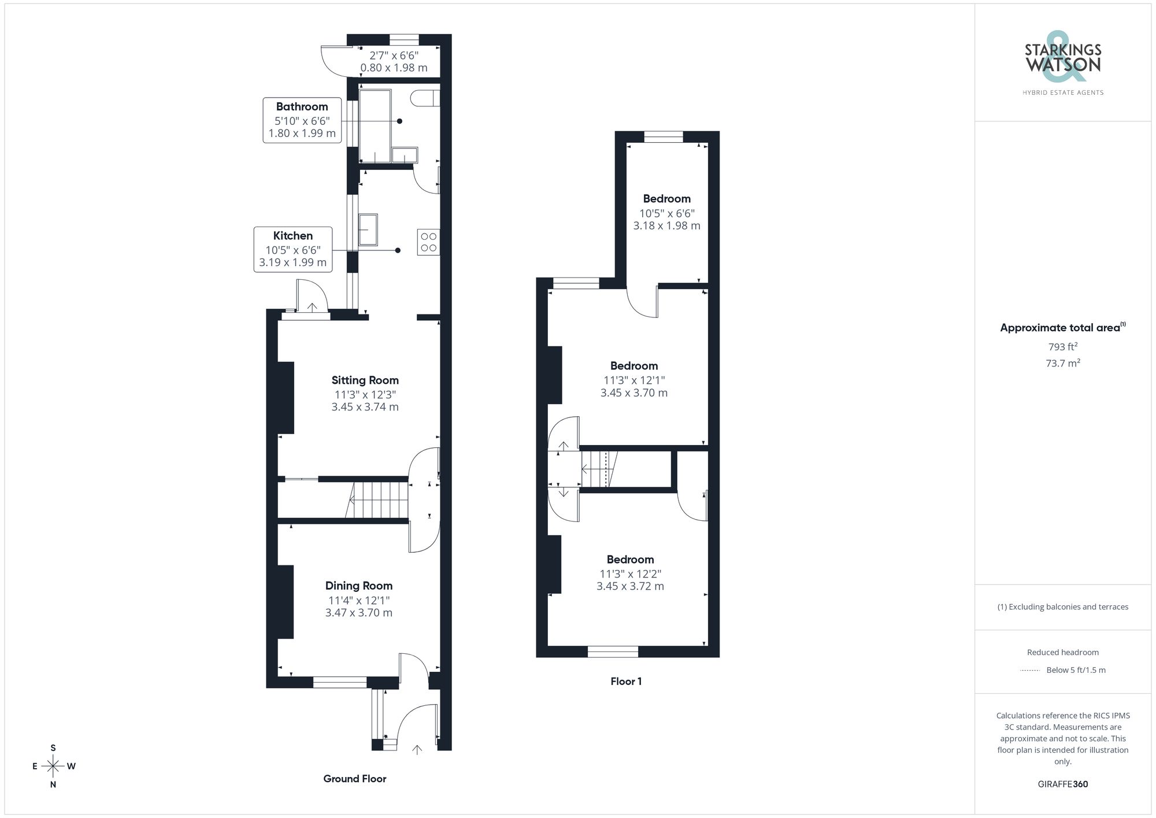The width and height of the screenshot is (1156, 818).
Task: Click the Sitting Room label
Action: click(365, 380)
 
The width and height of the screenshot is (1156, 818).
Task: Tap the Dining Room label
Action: click(358, 586)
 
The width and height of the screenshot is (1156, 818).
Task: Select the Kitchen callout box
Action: click(293, 249)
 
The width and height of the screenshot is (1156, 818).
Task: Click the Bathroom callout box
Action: click(302, 120)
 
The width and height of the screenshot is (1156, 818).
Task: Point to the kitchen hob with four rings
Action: click(428, 242)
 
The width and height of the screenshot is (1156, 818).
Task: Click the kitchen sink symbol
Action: click(368, 230)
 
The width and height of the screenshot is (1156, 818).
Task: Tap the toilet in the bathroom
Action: click(424, 98)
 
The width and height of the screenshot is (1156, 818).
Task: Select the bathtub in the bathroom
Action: click(375, 125)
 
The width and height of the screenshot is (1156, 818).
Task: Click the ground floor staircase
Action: click(379, 500)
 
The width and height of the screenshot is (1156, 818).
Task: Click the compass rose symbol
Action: click(53, 767)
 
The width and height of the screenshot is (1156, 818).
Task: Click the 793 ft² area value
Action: click(1062, 347)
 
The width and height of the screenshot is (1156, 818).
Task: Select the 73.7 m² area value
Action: click(1062, 363)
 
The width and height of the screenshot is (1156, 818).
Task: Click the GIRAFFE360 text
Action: click(1062, 784)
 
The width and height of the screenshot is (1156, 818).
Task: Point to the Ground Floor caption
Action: click(354, 779)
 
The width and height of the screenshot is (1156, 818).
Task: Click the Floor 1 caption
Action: click(626, 682)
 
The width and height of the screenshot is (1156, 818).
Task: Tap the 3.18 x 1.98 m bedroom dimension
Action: click(666, 226)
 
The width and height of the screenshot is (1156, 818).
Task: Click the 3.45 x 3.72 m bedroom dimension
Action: click(630, 586)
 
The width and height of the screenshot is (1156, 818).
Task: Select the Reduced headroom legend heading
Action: click(1062, 652)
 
